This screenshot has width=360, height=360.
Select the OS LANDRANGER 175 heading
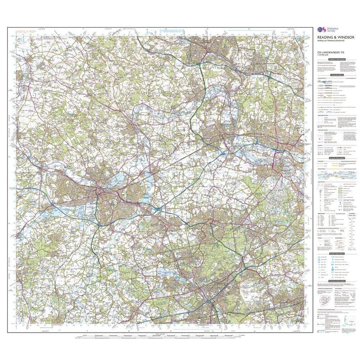click(x=327, y=53)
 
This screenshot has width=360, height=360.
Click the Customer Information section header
click(x=336, y=59)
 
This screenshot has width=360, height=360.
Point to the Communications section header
click(x=336, y=75)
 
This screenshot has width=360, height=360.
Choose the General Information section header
click(x=336, y=158)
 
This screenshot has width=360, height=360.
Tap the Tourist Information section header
click(x=336, y=254)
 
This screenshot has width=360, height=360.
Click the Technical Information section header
click(x=336, y=281)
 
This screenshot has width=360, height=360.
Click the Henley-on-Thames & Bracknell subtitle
click(x=329, y=42)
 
